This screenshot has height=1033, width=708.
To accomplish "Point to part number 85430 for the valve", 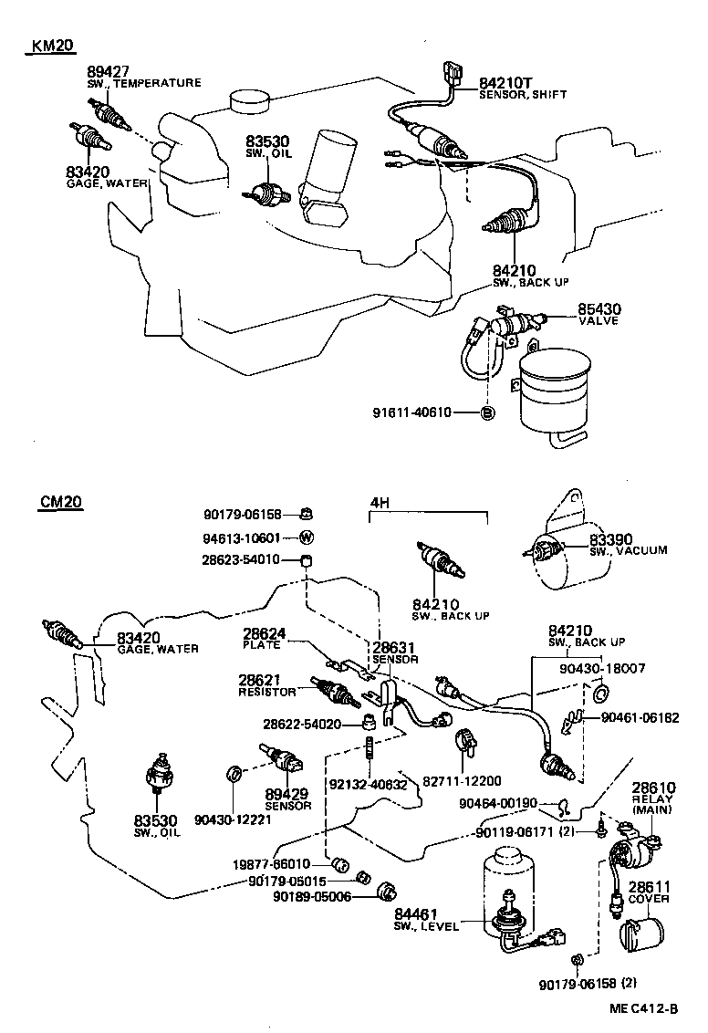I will click(599, 309).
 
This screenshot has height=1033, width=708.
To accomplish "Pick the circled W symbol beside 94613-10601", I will click(306, 537).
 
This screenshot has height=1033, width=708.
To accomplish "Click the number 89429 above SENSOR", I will click(287, 795).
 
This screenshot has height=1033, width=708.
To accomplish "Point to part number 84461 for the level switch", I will click(417, 914).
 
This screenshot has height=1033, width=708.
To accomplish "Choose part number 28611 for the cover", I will click(650, 886).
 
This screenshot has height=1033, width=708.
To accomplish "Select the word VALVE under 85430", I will click(599, 321).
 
